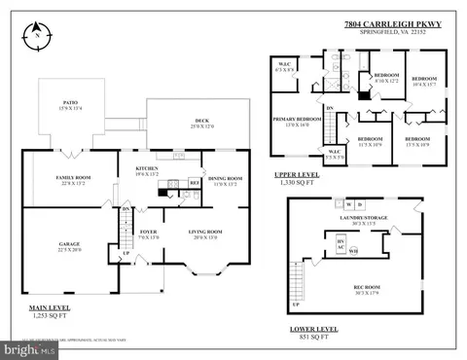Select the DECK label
(195, 121)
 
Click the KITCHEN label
(147, 169)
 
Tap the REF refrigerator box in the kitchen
(194, 181)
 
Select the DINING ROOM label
(225, 178)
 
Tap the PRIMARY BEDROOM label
(297, 119)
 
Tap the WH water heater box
(353, 251)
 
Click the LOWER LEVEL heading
(315, 329)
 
